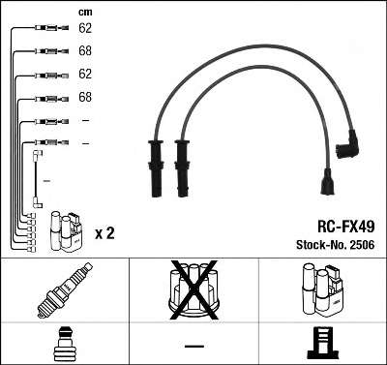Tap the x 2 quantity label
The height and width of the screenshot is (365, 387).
(x=104, y=233)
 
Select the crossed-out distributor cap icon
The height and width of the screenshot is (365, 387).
(x=194, y=289)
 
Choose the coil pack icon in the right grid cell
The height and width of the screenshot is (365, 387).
(x=321, y=290)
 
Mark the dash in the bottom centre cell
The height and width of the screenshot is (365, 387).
(x=194, y=345)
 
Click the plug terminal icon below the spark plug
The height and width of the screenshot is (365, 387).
(x=65, y=344)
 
